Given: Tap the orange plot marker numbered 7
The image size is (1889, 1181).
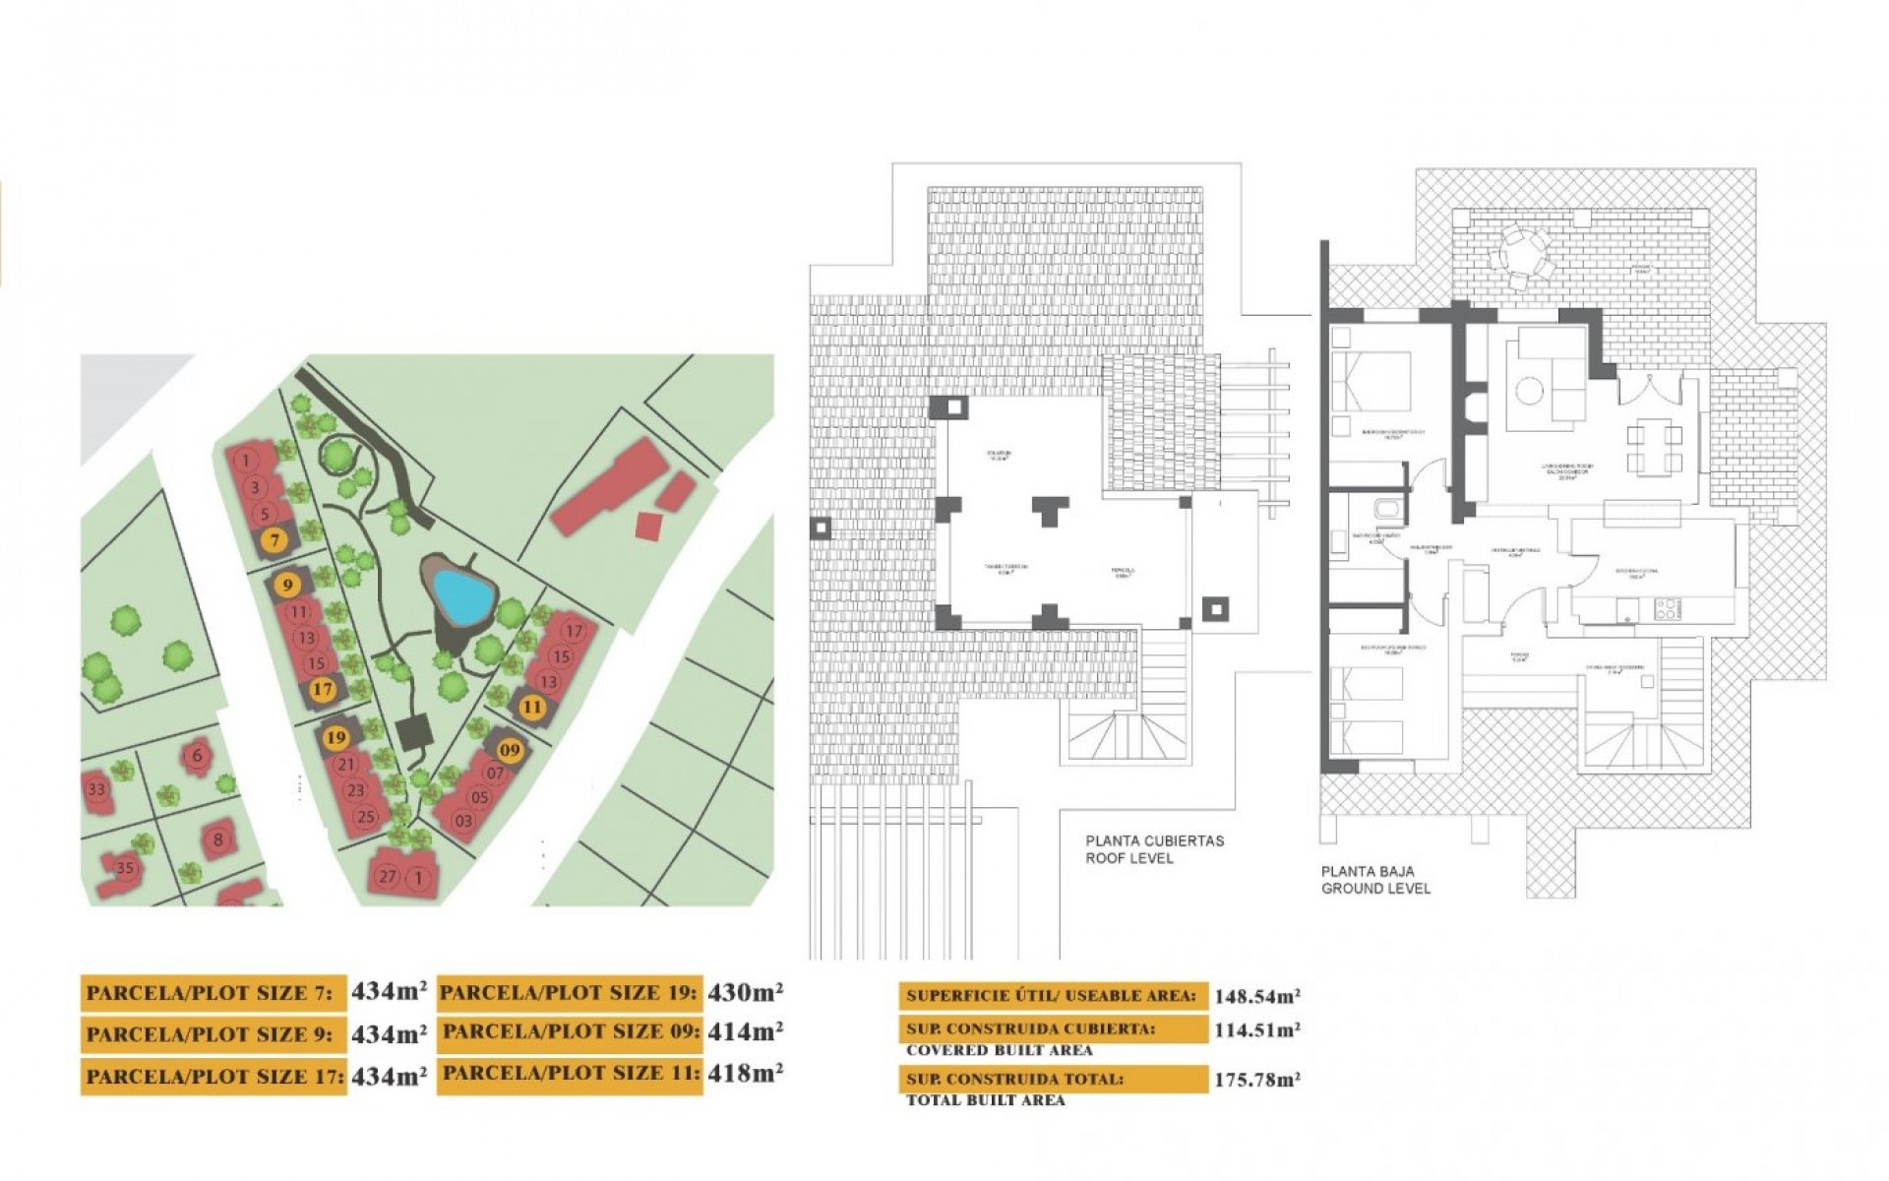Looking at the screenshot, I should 274,539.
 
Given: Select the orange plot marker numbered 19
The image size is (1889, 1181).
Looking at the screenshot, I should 336,737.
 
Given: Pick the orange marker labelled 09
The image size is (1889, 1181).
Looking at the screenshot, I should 509,750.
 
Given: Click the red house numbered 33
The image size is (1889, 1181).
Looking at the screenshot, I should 95,789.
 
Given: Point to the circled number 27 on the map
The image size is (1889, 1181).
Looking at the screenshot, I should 388,877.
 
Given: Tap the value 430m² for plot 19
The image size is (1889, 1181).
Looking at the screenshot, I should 745,992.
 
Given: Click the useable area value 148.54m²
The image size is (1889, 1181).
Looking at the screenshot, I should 1256,996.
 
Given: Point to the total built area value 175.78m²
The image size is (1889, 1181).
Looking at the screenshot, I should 1256,1080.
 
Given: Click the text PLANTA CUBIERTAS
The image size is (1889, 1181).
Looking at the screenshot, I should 1154,841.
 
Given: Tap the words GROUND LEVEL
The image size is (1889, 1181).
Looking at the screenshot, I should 1374,889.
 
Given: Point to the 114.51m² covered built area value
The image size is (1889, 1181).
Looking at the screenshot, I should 1256,1030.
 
